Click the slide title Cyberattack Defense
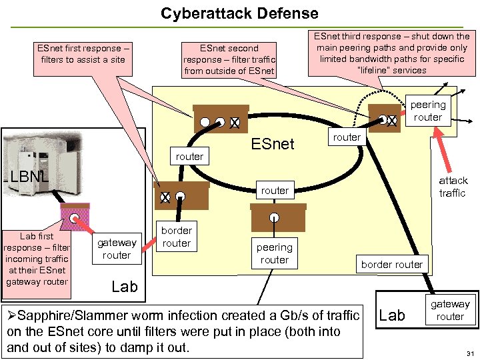[240, 13]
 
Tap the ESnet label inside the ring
[273, 143]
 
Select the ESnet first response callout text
[79, 54]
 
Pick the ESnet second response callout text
[229, 59]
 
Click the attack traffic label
[453, 187]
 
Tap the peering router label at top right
[428, 111]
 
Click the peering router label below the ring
[275, 253]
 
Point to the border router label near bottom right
[392, 264]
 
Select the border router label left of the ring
[177, 237]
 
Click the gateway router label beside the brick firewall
[117, 249]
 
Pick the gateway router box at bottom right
[450, 310]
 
